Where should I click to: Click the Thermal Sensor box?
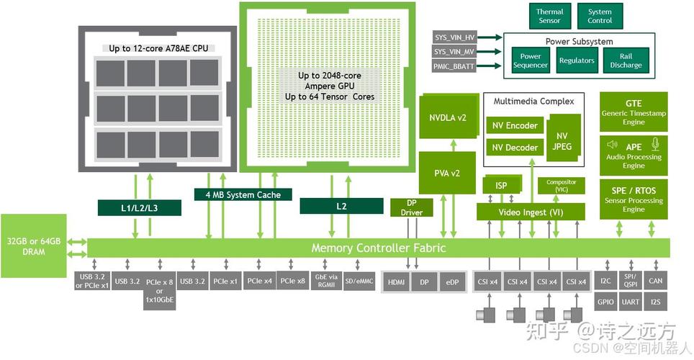(550, 16)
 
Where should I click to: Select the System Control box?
(600, 16)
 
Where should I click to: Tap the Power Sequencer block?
(531, 60)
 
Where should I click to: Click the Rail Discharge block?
(626, 60)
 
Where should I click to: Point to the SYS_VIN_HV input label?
(454, 37)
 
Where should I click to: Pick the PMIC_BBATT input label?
(454, 66)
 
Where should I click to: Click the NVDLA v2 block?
(449, 117)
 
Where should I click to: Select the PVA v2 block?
(447, 173)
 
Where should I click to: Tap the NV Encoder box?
(515, 126)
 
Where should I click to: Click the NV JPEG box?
(562, 141)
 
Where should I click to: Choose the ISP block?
(502, 185)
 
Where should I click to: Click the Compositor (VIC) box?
(562, 186)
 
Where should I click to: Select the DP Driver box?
(412, 207)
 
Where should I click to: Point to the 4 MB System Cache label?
(243, 195)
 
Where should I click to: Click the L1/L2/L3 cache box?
(140, 207)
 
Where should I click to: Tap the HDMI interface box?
(396, 282)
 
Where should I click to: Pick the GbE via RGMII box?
(326, 281)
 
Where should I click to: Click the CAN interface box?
(656, 281)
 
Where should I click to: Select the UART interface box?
(630, 302)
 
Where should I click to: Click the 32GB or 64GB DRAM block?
(34, 246)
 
